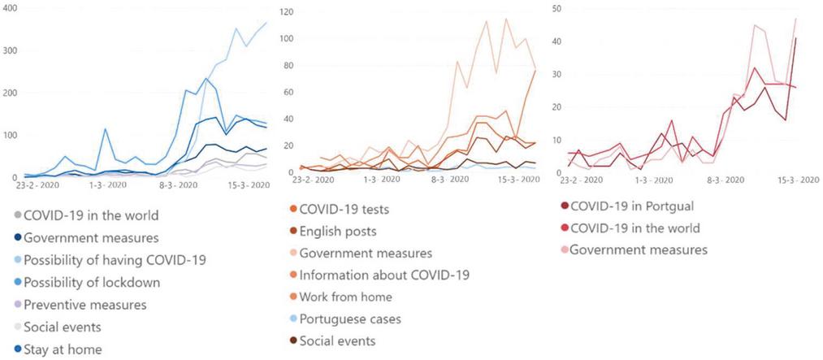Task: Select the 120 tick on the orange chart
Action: (287, 12)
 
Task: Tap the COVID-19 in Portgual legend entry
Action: (632, 206)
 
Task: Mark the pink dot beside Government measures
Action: (563, 250)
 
